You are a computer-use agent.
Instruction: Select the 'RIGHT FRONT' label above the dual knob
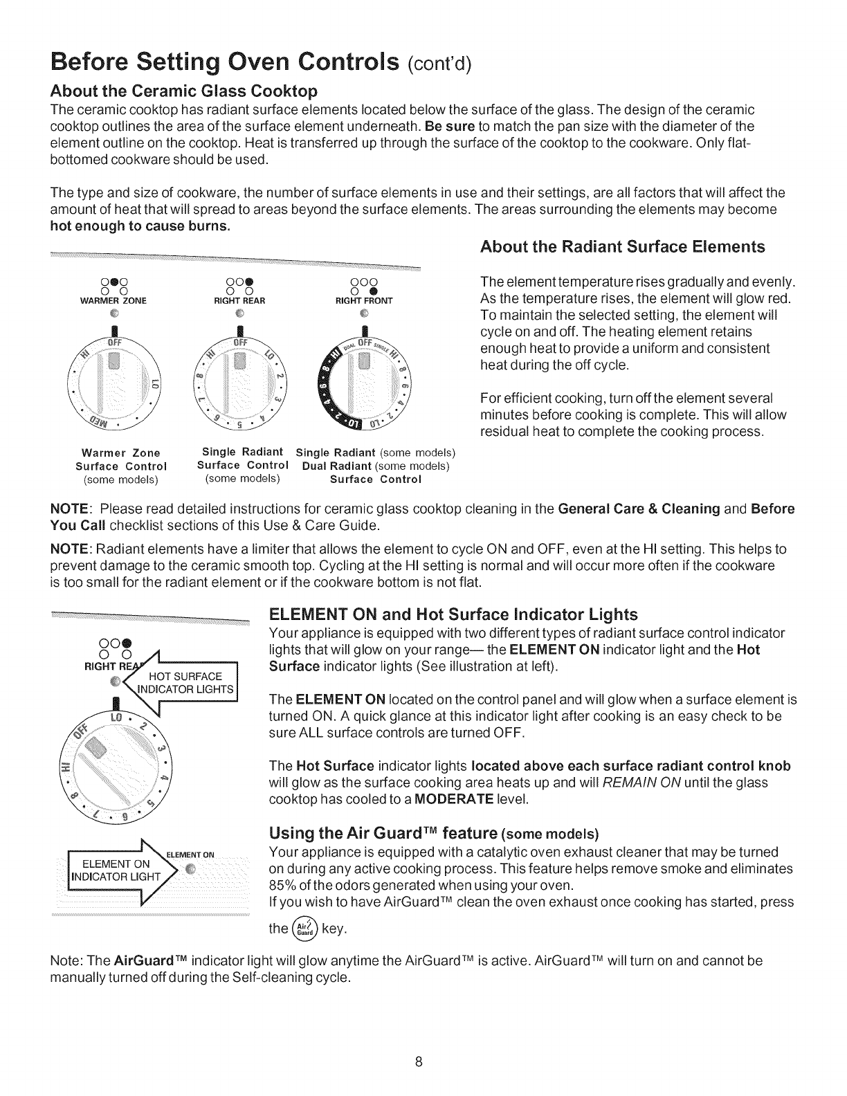[x=363, y=301]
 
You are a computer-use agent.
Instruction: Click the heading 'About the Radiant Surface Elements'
[x=623, y=247]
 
